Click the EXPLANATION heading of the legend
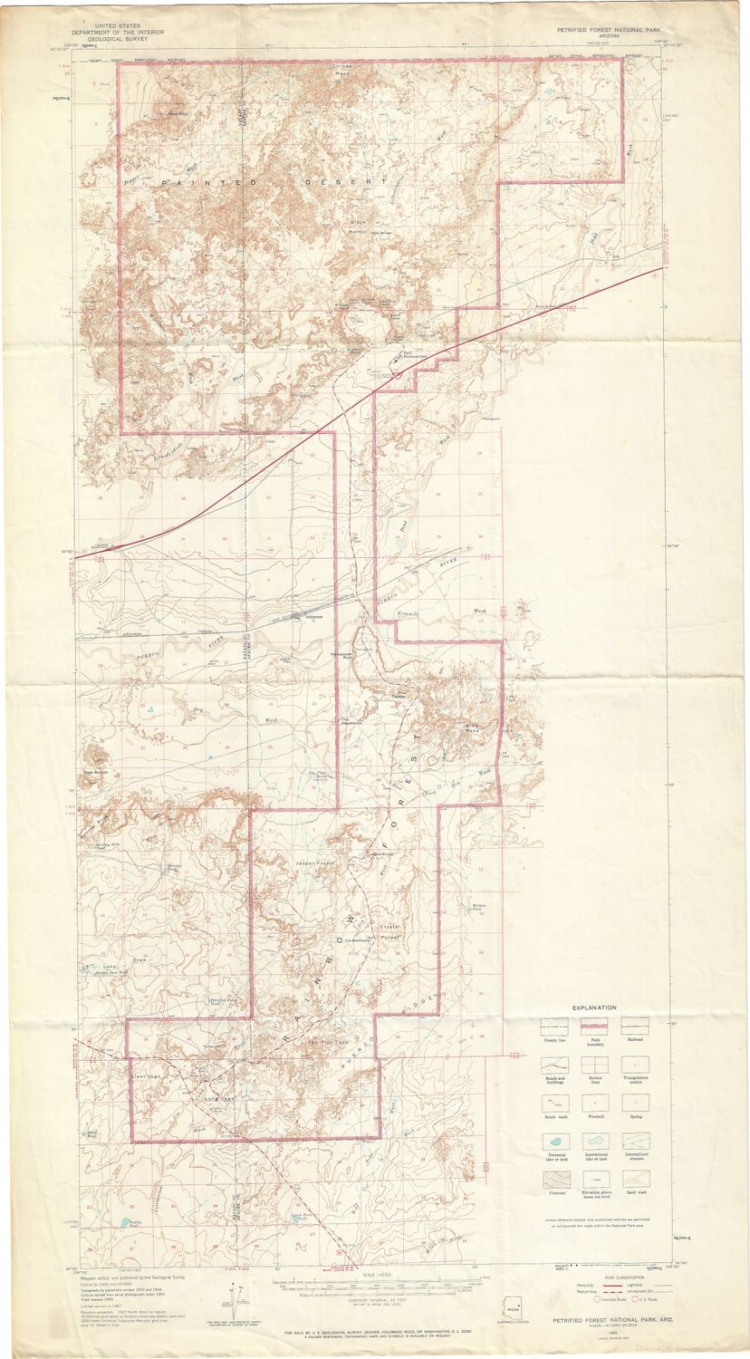pos(593,1007)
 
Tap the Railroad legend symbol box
pos(634,1026)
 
